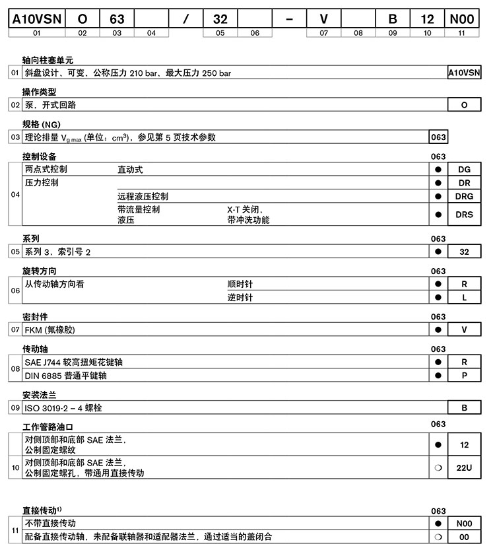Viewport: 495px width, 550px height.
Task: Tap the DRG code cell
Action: pyautogui.click(x=464, y=196)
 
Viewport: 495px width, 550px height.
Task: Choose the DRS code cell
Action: pyautogui.click(x=464, y=215)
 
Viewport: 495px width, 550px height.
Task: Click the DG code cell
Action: pyautogui.click(x=464, y=170)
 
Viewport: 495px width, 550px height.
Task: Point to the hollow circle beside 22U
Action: pyautogui.click(x=438, y=467)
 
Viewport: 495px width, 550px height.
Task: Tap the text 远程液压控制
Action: pyautogui.click(x=143, y=196)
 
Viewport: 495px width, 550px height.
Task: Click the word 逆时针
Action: pyautogui.click(x=240, y=298)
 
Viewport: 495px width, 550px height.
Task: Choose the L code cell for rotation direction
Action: pyautogui.click(x=464, y=298)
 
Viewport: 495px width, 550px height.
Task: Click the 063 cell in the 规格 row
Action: pyautogui.click(x=438, y=137)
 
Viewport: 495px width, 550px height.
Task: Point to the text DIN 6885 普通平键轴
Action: pyautogui.click(x=65, y=376)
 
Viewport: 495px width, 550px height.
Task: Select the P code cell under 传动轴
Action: pyautogui.click(x=464, y=376)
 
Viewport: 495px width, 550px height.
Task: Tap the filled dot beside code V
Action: pyautogui.click(x=438, y=329)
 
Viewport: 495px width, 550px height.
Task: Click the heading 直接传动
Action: pyautogui.click(x=41, y=511)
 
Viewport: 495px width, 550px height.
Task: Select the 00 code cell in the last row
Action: pyautogui.click(x=464, y=537)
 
